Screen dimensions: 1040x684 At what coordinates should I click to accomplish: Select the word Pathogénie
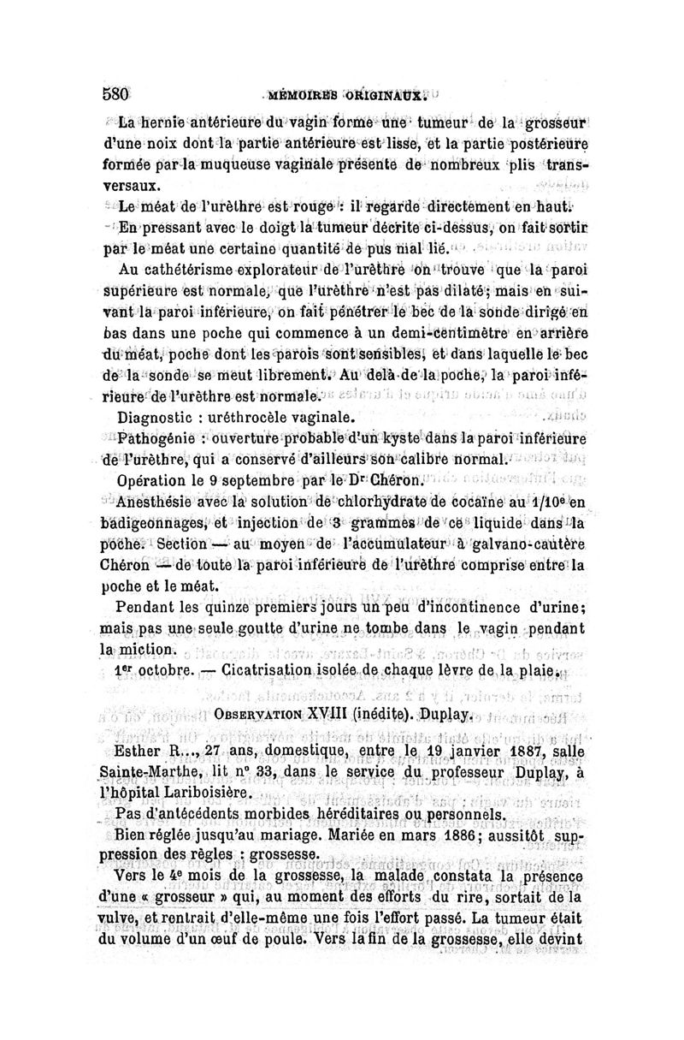pos(159,440)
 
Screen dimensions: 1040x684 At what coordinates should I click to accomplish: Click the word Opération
pos(154,481)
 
